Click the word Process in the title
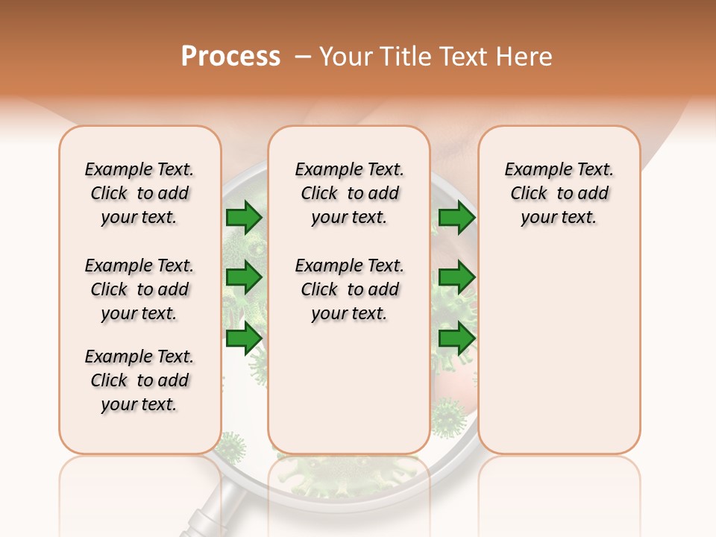(230, 56)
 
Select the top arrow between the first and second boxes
(244, 218)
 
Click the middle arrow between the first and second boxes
(244, 277)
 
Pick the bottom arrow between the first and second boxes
(244, 339)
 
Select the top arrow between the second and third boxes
(456, 218)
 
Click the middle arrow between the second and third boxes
(456, 277)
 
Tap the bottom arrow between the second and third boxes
(456, 339)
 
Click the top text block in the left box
(139, 193)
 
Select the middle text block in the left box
(139, 289)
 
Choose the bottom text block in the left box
(139, 380)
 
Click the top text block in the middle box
(350, 193)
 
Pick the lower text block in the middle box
(350, 289)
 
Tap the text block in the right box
(559, 193)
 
